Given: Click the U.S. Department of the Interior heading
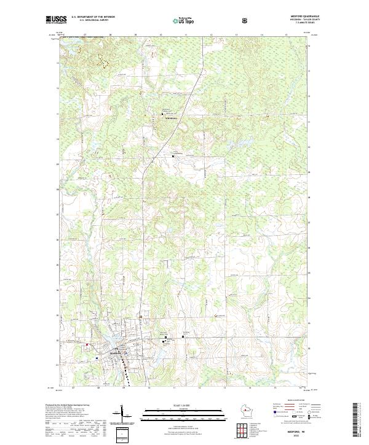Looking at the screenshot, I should point(93,17).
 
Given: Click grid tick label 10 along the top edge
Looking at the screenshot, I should point(160,35).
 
